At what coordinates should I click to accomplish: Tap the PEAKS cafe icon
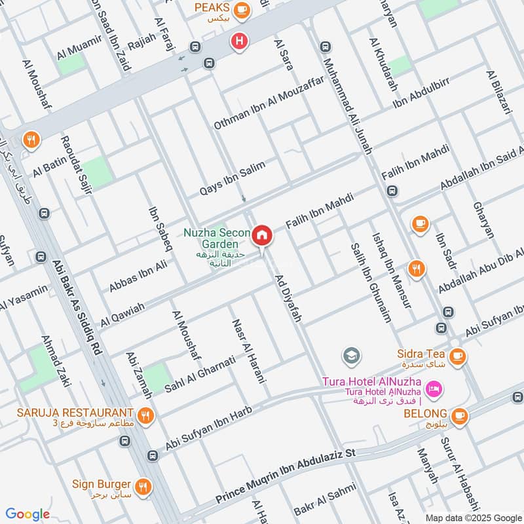[x=242, y=9]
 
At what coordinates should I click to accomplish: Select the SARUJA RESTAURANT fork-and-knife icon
[x=145, y=414]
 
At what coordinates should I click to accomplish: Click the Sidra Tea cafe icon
[x=457, y=356]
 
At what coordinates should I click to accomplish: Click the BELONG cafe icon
[x=459, y=415]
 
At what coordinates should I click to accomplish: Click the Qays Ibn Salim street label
[x=233, y=178]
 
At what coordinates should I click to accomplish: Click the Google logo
[x=28, y=514]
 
